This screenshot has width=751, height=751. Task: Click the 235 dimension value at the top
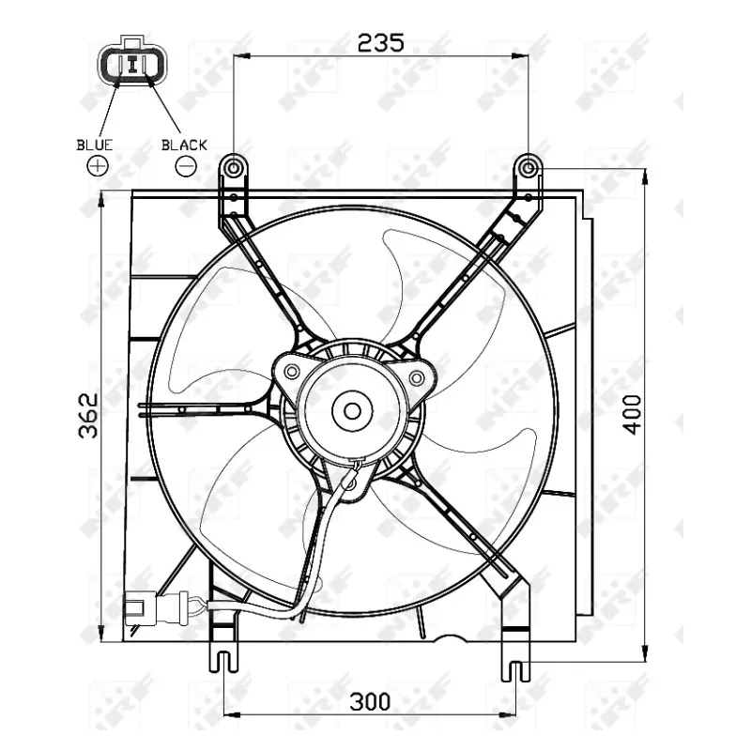point(380,41)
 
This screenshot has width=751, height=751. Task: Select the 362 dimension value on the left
point(88,414)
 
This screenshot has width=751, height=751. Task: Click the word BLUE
point(95,145)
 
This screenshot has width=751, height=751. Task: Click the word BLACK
point(184,145)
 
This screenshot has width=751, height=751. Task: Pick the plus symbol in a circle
point(97,166)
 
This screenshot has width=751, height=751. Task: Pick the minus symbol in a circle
point(186,166)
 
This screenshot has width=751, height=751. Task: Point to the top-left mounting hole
point(233,168)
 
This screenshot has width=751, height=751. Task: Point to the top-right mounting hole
point(529,168)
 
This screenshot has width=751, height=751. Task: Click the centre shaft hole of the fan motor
point(352,410)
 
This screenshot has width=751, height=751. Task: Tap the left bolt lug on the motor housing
point(291,370)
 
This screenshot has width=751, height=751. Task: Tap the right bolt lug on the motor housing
point(416,377)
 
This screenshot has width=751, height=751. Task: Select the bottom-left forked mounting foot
point(222,659)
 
